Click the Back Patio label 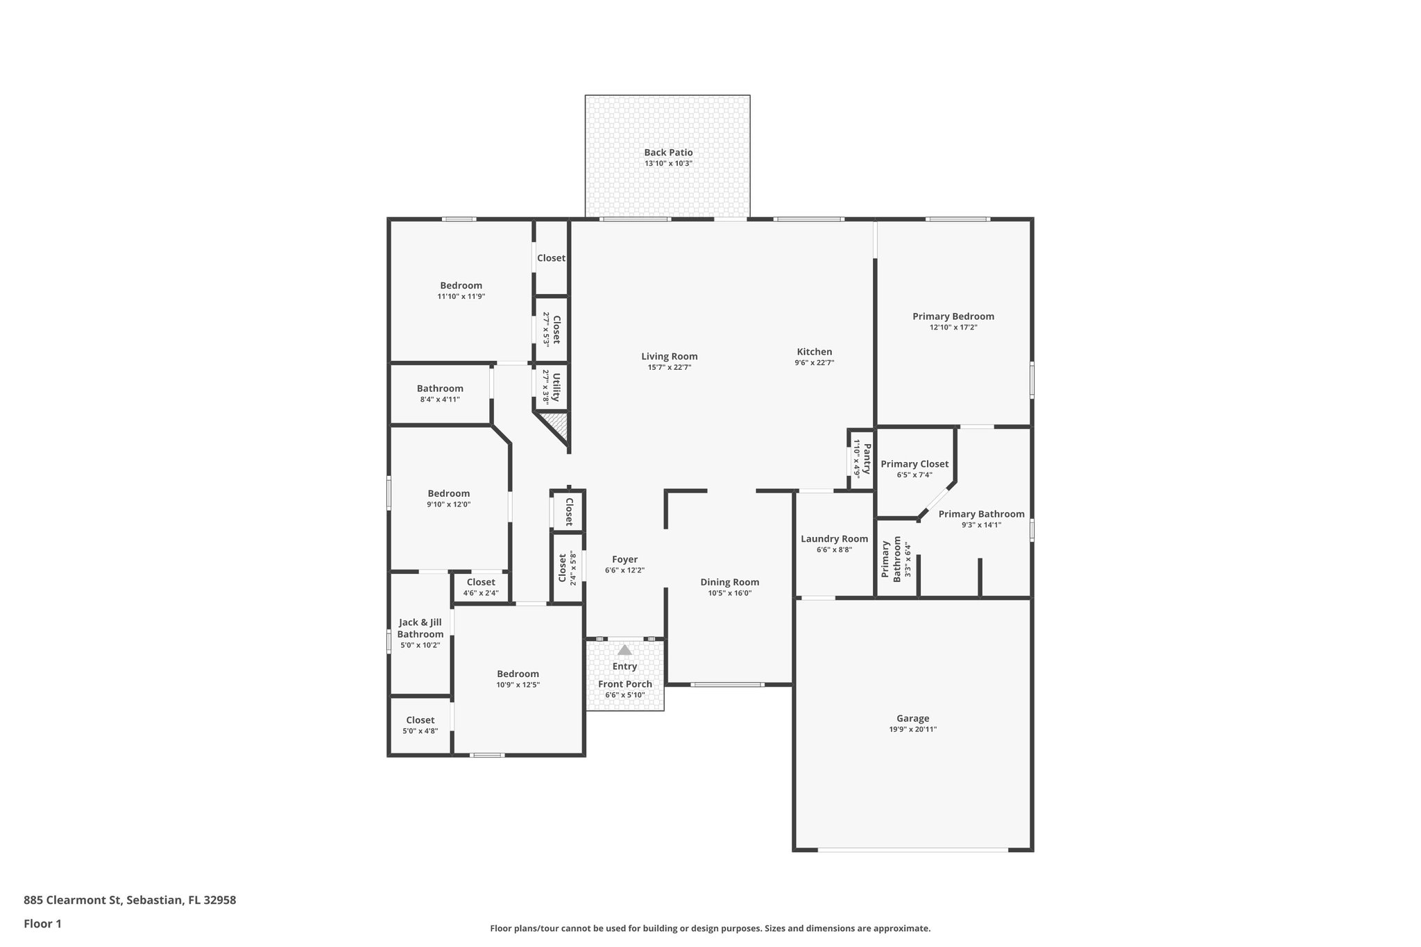click(x=668, y=153)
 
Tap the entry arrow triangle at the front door click(x=625, y=650)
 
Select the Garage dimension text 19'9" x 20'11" click(x=912, y=729)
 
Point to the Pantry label click(x=867, y=459)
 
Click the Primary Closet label click(x=914, y=464)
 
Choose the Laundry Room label click(x=834, y=539)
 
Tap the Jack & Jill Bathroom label click(x=420, y=629)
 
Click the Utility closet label click(x=556, y=386)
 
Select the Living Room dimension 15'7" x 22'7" click(x=670, y=368)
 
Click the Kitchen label click(x=814, y=352)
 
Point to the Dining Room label click(x=729, y=582)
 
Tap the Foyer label click(x=624, y=559)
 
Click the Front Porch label click(x=625, y=684)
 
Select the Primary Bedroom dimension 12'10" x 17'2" click(x=953, y=327)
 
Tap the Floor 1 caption click(x=42, y=923)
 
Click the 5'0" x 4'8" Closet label click(x=420, y=720)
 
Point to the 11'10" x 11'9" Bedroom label click(x=461, y=285)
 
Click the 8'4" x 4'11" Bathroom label click(x=440, y=389)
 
